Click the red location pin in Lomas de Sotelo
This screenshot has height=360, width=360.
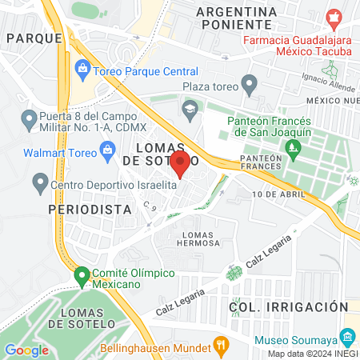coord(180,165)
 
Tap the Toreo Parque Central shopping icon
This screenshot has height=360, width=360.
coord(82,70)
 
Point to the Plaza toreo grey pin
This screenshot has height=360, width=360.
coord(250,83)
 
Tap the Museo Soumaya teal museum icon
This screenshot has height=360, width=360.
coord(348,335)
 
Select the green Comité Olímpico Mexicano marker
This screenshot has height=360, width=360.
coord(81,277)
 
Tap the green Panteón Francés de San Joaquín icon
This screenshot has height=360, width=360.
coord(292,147)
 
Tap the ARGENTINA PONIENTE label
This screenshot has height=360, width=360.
coord(237,21)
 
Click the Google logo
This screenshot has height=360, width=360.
coord(27,350)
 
